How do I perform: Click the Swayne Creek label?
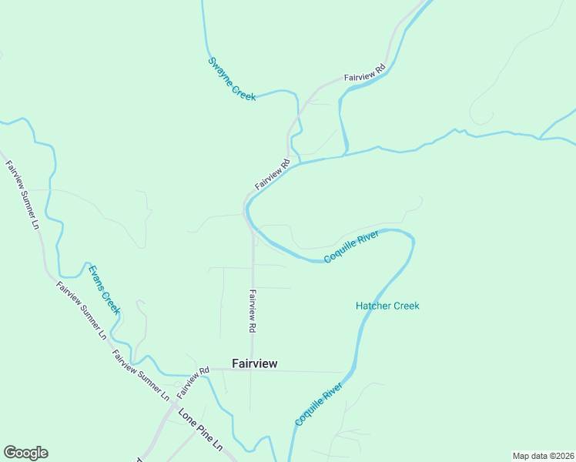coord(232,79)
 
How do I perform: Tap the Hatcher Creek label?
coord(387,306)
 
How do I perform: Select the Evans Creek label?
coord(105,290)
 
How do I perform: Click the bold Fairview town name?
coord(255,363)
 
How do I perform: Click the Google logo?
coord(25,453)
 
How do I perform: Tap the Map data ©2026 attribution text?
coord(543,456)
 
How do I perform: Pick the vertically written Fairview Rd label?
coord(252,310)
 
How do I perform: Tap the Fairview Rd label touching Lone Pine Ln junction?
coord(193,382)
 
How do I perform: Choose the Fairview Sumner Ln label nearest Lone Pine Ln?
coord(141,376)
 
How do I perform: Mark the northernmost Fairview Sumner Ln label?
coord(22,195)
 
